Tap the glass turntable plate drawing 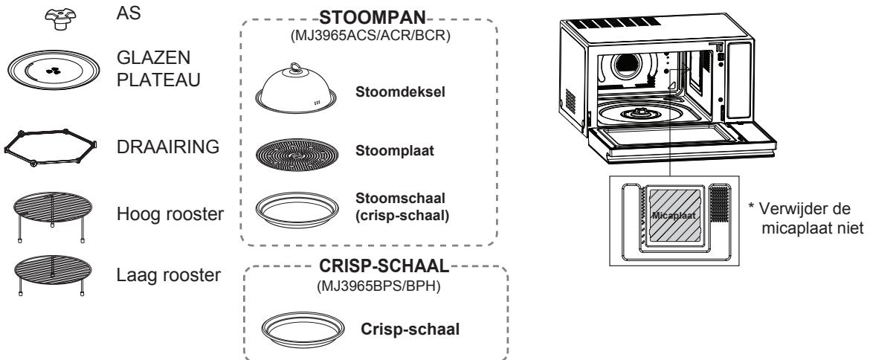[54, 70]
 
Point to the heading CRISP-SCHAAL [384, 266]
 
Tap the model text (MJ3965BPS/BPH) [378, 287]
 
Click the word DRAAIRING [168, 147]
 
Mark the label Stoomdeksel [400, 92]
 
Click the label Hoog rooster [170, 214]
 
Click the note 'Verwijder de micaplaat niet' [805, 218]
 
